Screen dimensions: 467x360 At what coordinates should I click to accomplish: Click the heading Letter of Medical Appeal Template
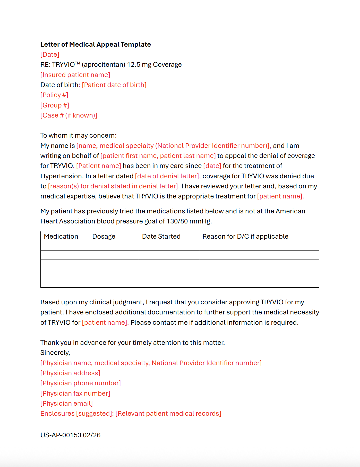(96, 44)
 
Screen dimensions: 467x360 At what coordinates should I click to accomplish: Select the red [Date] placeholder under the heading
(50, 54)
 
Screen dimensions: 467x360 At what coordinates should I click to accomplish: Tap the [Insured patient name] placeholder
(75, 75)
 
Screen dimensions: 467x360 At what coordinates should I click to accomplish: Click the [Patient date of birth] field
(114, 85)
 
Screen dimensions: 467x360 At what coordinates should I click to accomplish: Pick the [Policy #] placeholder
(54, 95)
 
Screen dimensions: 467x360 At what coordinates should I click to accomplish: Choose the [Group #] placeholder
(55, 105)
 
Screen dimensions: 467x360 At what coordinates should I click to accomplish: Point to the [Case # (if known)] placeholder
(69, 115)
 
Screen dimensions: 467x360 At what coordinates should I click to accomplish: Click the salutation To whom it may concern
(79, 135)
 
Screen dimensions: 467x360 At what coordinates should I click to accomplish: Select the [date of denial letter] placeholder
(168, 176)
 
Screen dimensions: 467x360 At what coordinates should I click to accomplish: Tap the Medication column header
(61, 236)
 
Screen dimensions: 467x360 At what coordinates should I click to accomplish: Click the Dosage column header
(104, 236)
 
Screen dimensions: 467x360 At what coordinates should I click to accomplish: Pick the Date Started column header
(161, 236)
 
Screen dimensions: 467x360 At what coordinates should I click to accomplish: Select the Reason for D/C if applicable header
(245, 236)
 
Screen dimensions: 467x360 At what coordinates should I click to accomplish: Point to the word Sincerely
(55, 353)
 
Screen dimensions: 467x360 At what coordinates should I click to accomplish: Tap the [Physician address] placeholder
(70, 373)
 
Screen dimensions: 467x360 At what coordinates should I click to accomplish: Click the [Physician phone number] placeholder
(81, 383)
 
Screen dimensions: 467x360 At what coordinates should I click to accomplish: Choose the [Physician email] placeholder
(66, 403)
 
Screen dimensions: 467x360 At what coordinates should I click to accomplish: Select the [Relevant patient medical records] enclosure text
(168, 413)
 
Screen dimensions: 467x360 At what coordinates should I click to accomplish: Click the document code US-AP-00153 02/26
(70, 435)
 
